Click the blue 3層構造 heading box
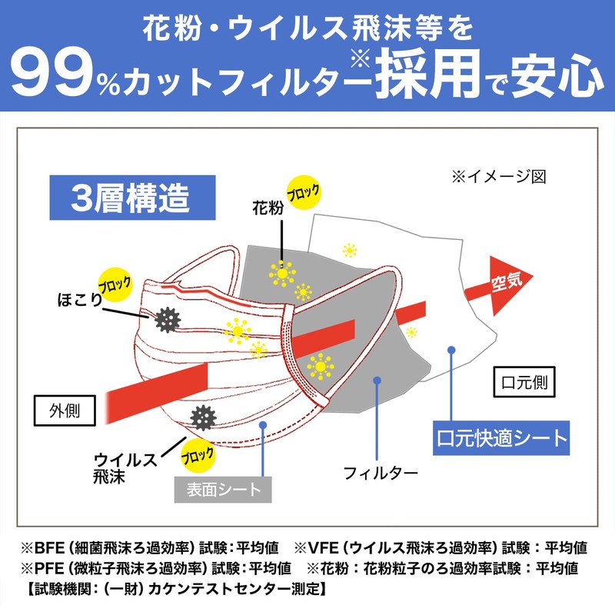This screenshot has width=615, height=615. (130, 198)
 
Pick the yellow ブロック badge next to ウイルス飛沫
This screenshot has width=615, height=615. (198, 457)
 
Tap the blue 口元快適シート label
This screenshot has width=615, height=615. (501, 440)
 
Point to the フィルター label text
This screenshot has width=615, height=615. (380, 471)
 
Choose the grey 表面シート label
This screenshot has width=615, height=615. (223, 487)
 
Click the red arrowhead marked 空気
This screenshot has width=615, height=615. (504, 286)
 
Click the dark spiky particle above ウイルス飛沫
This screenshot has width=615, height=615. (203, 417)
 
